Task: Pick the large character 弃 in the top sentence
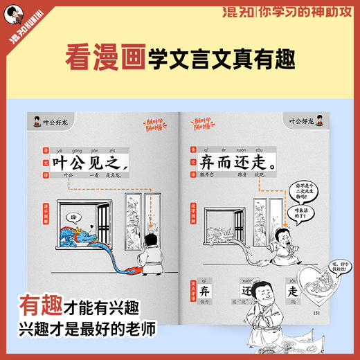click(204, 163)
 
